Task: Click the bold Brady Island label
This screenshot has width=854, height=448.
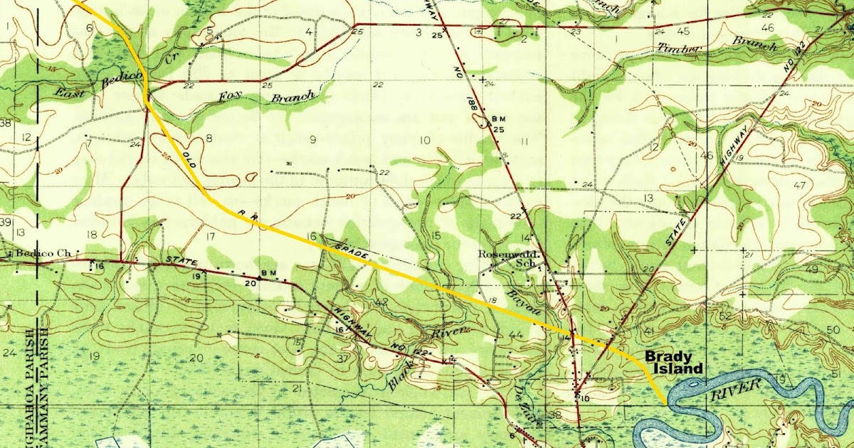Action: [674, 363]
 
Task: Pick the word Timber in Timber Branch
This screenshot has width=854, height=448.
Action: [680, 50]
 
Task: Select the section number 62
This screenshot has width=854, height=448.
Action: [725, 316]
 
